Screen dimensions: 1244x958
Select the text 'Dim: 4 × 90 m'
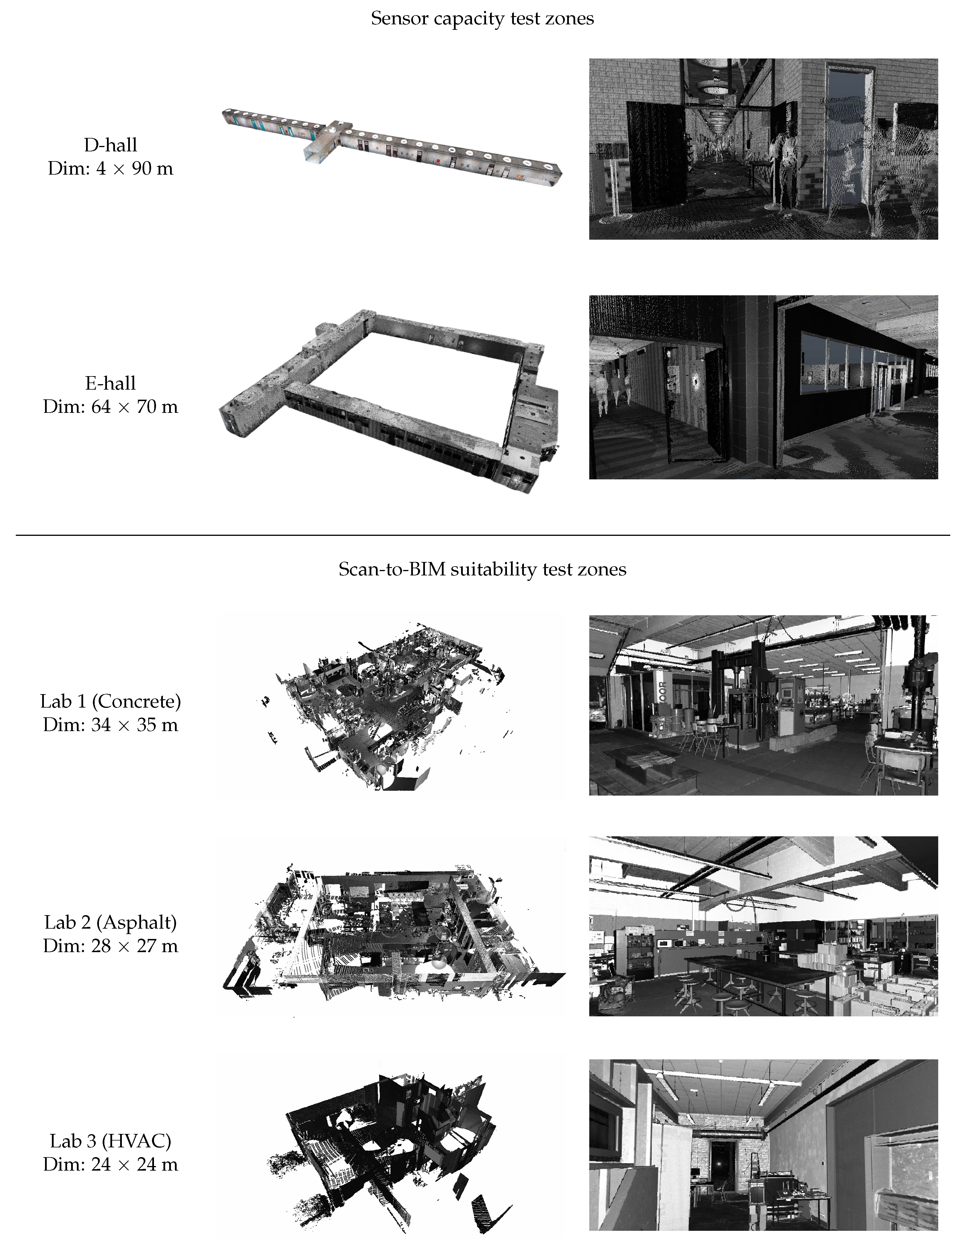point(110,169)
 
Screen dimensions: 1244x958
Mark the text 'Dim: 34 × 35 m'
point(110,725)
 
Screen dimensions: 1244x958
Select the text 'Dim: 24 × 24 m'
point(110,1164)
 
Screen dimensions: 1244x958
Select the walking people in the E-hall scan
point(612,393)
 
